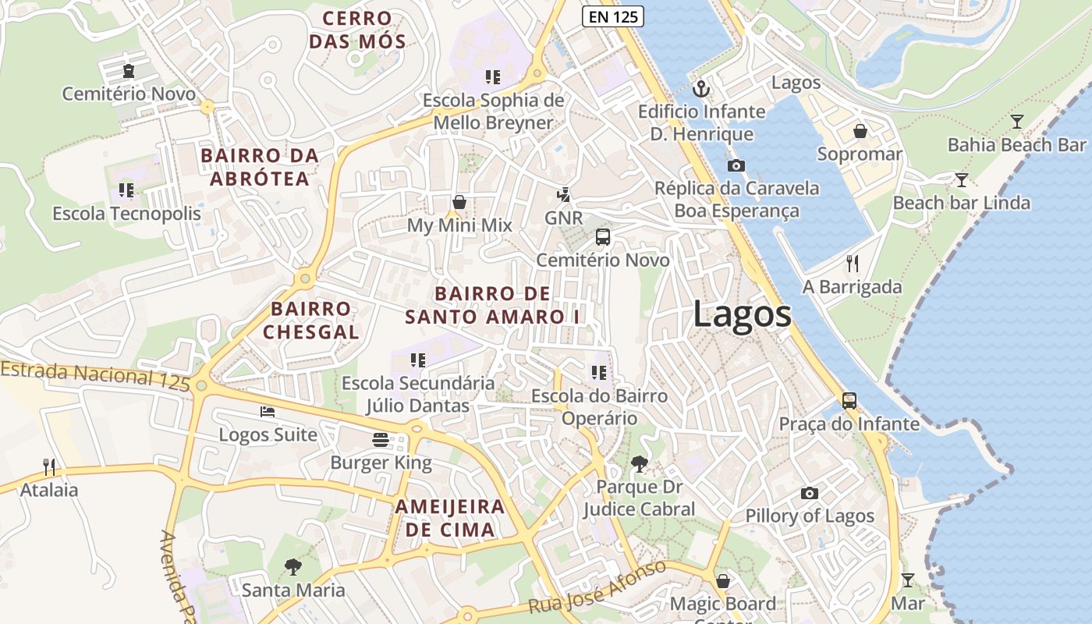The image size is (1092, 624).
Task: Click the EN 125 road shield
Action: click(612, 15)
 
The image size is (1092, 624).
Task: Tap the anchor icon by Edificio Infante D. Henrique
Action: click(701, 89)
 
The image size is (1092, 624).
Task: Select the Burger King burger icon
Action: click(381, 440)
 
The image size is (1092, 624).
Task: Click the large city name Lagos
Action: click(742, 314)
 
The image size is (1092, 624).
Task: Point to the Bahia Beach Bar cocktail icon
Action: click(1016, 122)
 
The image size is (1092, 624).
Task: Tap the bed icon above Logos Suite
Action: click(268, 412)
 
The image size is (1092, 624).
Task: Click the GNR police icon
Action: click(563, 195)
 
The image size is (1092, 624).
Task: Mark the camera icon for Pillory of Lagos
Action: click(810, 493)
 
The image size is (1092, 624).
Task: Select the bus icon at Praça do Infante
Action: click(849, 401)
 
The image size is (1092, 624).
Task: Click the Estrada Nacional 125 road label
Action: click(95, 375)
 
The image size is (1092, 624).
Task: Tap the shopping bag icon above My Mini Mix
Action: click(459, 203)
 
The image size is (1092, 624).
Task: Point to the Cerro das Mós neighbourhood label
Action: click(357, 30)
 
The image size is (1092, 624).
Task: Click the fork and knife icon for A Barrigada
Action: click(852, 264)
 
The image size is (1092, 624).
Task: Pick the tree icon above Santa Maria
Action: click(293, 566)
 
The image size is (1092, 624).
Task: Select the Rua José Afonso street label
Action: click(597, 587)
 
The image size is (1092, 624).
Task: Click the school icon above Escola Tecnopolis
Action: click(126, 190)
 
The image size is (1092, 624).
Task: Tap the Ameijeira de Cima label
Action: click(449, 518)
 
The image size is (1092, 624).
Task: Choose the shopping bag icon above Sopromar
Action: click(860, 131)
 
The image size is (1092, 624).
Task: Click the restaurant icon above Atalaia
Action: click(49, 466)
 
